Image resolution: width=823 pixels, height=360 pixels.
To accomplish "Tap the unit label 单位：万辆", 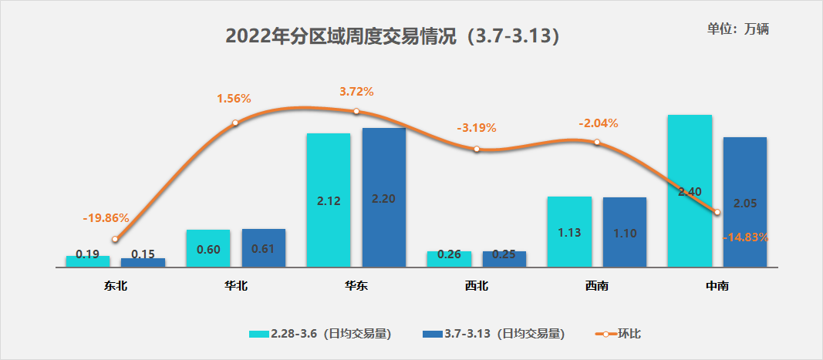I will tap(738, 29).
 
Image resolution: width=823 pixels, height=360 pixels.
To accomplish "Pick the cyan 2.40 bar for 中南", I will tap(689, 154).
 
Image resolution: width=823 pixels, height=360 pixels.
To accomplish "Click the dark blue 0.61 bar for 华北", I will tap(263, 248).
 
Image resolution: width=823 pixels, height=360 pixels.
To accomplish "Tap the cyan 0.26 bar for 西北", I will tap(449, 259).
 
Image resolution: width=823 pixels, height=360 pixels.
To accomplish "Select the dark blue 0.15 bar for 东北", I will tap(143, 263).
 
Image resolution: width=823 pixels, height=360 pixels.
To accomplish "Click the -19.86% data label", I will tap(106, 218).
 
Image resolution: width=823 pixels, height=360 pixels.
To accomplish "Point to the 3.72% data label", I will tap(356, 92).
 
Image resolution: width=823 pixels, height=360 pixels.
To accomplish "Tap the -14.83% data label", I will tap(745, 237).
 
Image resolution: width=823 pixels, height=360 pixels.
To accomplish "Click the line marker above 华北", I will tap(235, 123).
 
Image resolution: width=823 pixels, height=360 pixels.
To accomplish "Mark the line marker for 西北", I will tap(477, 149).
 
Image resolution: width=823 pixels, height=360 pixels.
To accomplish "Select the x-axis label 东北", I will tap(116, 286).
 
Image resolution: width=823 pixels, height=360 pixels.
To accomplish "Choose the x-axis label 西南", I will tap(596, 286).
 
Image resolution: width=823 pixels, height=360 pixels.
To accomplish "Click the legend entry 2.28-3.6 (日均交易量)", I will tap(320, 334).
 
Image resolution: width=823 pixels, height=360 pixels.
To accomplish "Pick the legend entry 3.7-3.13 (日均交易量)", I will tap(494, 334).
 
